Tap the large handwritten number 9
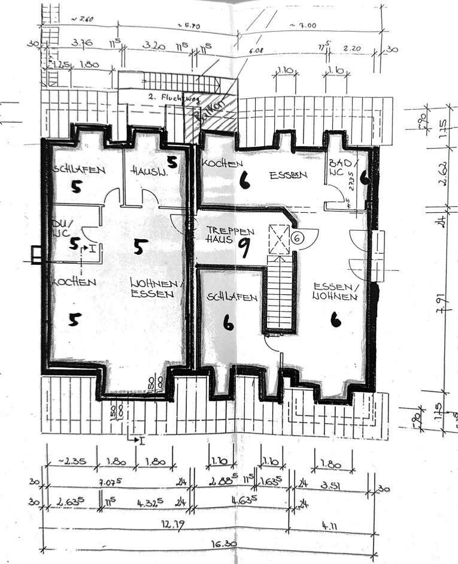(x=244, y=246)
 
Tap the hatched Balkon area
(x=211, y=113)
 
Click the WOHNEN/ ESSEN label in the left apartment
(x=153, y=288)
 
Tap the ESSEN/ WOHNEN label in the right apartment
(x=336, y=290)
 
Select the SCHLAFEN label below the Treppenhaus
(x=232, y=297)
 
